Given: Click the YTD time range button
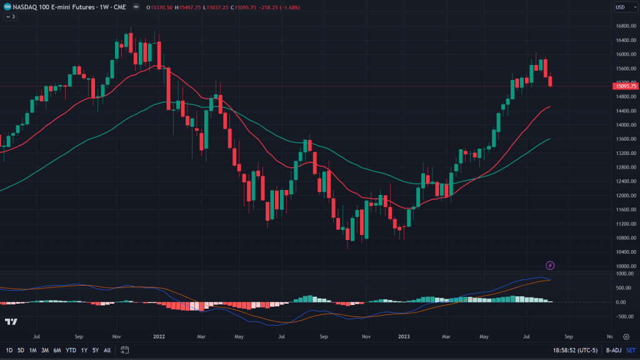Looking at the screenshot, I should pos(71,350).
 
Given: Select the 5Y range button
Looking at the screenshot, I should pos(96,350).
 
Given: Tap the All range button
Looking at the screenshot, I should pos(107,350).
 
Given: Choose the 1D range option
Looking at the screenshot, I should pos(9,350).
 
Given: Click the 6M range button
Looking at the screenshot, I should pos(57,350).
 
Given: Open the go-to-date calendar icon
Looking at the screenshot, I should pos(125,350).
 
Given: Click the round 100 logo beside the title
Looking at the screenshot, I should pos(8,7).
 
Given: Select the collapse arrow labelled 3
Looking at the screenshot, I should pos(9,17).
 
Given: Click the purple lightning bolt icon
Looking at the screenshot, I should pos(550,266).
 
